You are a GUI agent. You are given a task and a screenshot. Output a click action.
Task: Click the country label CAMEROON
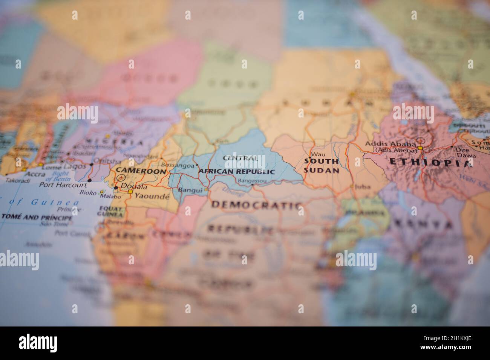coord(141,171)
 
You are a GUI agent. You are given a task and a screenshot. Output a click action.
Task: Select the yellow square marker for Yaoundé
coord(130,192)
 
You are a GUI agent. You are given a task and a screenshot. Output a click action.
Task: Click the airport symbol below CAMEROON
coord(121,178)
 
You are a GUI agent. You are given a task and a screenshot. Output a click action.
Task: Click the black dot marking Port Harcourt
coord(89,181)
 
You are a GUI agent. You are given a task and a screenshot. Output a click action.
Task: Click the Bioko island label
coord(88,192)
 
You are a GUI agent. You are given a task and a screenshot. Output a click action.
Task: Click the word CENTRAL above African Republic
coord(240,158)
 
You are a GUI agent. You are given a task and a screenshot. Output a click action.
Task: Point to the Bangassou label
coord(253,181)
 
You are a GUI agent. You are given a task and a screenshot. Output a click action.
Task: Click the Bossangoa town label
coord(177,165)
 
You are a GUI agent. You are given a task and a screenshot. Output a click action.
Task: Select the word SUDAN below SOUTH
coord(322,170)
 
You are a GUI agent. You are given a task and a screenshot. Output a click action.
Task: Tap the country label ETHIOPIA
coord(430,163)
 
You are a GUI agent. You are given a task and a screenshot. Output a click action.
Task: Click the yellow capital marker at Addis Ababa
coord(420,148)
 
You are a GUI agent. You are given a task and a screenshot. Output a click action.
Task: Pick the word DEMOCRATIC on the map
coord(257,205)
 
